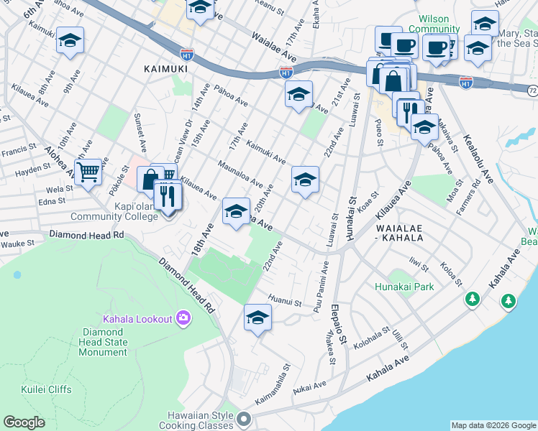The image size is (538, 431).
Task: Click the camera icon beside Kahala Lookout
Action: (x=183, y=318)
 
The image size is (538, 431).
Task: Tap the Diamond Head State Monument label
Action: (x=104, y=342)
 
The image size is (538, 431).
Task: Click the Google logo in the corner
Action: (x=24, y=422)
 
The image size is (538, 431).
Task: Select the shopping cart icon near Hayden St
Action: (x=88, y=172)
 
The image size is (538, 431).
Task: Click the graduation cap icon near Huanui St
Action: (x=257, y=318)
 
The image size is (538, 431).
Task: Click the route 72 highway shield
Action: (x=532, y=92)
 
